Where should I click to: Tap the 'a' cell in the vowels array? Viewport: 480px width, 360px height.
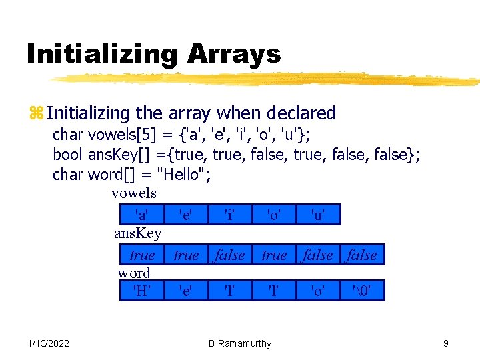pos(141,215)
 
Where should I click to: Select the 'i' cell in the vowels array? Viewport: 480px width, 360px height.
pos(229,215)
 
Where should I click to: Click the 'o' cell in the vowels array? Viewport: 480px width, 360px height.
pos(273,215)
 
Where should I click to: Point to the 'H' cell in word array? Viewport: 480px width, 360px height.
pos(141,291)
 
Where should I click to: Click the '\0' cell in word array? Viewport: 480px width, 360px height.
pos(361,291)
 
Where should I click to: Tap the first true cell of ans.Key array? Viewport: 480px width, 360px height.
pos(141,255)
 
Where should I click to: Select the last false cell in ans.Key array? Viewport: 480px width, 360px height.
pos(361,255)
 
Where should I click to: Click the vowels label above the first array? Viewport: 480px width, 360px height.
pos(134,193)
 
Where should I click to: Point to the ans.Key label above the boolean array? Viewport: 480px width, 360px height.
pos(138,233)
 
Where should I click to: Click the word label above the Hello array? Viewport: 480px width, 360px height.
pos(134,273)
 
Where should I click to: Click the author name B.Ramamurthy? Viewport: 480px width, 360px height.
pos(240,343)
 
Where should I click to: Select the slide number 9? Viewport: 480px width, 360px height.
pos(445,343)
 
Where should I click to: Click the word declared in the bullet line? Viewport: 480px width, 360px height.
pos(303,113)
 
